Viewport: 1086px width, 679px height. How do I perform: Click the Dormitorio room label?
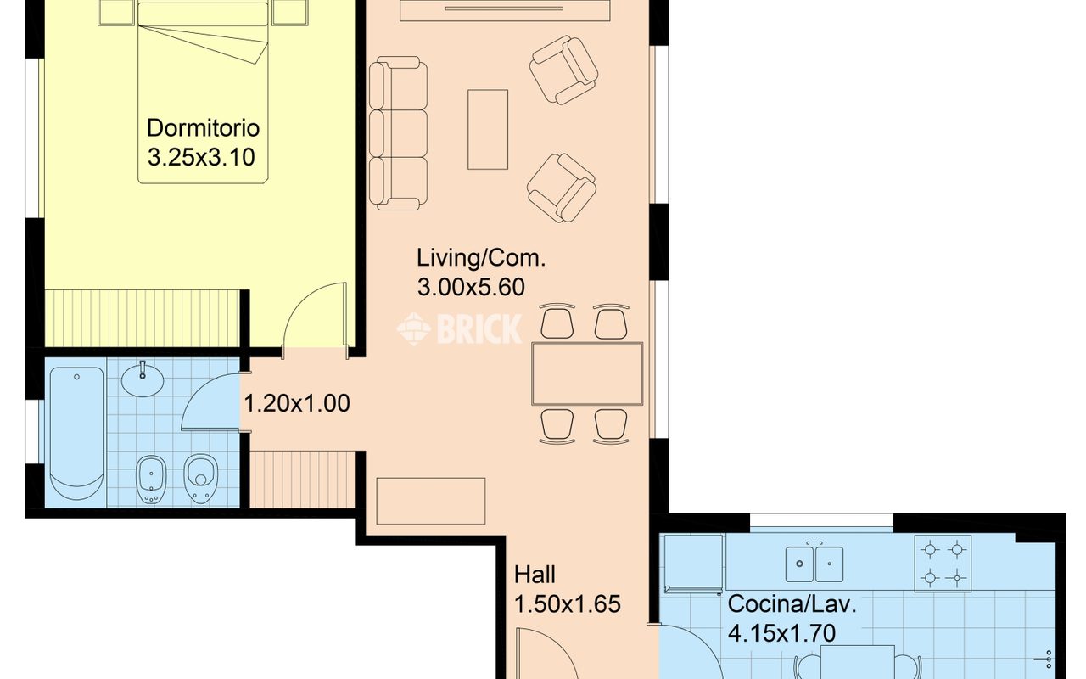[x=203, y=128]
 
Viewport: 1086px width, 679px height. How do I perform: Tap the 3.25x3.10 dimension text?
[x=201, y=158]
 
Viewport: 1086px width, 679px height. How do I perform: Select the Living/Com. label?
[x=481, y=258]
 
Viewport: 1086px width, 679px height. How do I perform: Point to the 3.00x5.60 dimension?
[x=471, y=287]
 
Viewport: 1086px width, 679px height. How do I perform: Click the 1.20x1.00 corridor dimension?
[x=297, y=403]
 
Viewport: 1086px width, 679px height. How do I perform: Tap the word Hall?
[x=535, y=575]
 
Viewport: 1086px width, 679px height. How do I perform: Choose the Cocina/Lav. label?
[x=792, y=604]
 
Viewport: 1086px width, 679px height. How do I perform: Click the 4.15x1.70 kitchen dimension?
[x=782, y=633]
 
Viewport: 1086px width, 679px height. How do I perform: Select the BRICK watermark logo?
[x=459, y=328]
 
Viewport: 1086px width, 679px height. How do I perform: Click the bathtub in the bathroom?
[x=76, y=433]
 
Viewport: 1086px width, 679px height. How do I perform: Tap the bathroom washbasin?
[x=143, y=380]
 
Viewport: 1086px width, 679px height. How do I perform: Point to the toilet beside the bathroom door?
[x=201, y=479]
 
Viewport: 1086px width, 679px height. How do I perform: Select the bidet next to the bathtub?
[x=151, y=480]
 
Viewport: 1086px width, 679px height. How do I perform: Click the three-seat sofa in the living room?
[x=398, y=133]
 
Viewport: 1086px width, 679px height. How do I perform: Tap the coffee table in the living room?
[x=488, y=130]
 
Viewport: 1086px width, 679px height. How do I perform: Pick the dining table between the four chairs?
[x=587, y=373]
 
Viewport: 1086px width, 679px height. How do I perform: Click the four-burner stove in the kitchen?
[x=943, y=564]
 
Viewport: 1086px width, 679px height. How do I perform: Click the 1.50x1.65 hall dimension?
[x=568, y=604]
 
